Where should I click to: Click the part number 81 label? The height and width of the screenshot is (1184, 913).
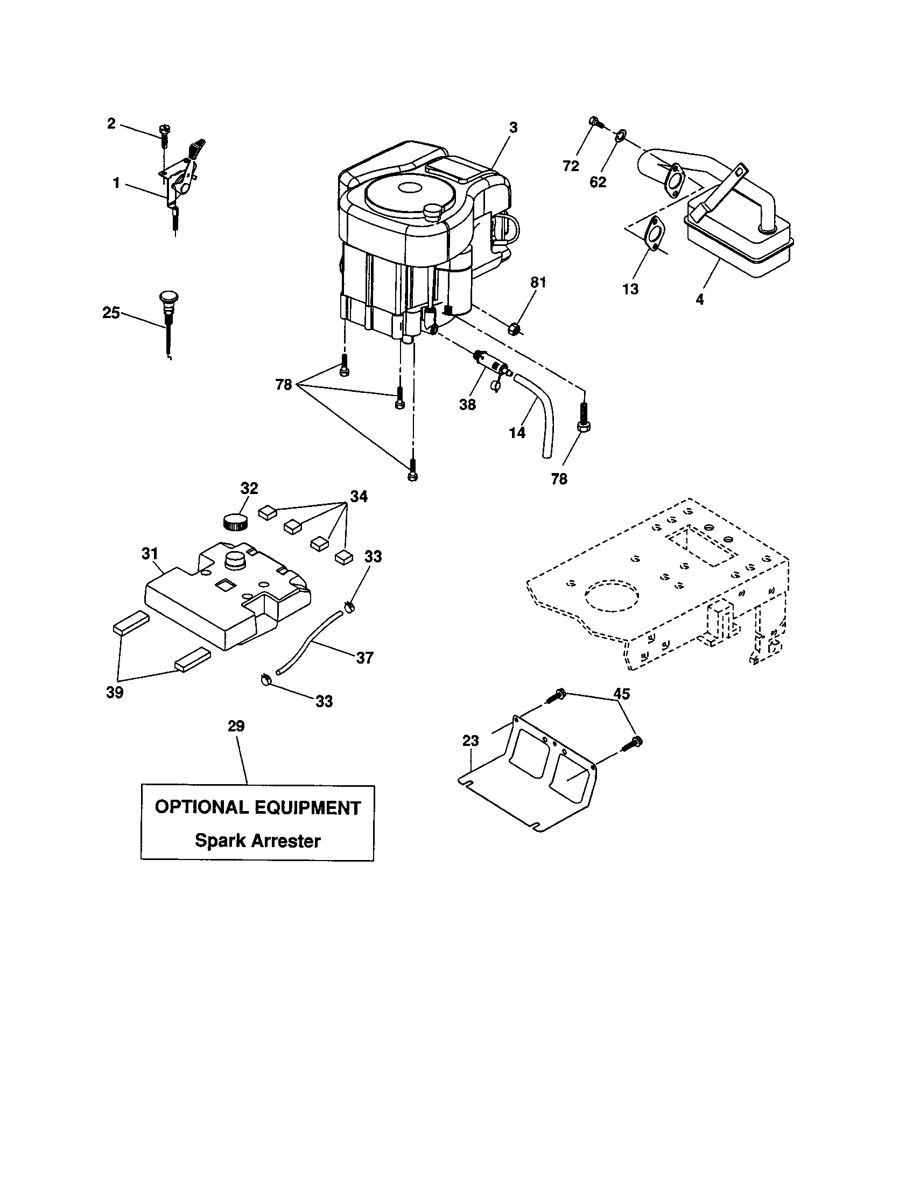click(x=538, y=283)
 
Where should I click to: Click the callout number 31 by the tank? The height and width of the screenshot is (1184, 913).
click(x=150, y=553)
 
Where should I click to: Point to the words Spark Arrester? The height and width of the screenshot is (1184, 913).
click(x=257, y=840)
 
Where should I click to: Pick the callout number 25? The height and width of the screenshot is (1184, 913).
click(x=111, y=313)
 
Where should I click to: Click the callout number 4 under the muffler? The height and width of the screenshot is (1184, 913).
click(x=700, y=299)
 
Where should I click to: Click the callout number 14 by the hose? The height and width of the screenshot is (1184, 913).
click(x=517, y=432)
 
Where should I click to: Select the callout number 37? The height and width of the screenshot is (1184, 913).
click(x=364, y=658)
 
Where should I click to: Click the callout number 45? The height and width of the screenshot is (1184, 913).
click(x=621, y=694)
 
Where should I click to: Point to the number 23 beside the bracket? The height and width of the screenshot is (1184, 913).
click(x=470, y=740)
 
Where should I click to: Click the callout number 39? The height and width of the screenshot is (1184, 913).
click(x=115, y=692)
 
